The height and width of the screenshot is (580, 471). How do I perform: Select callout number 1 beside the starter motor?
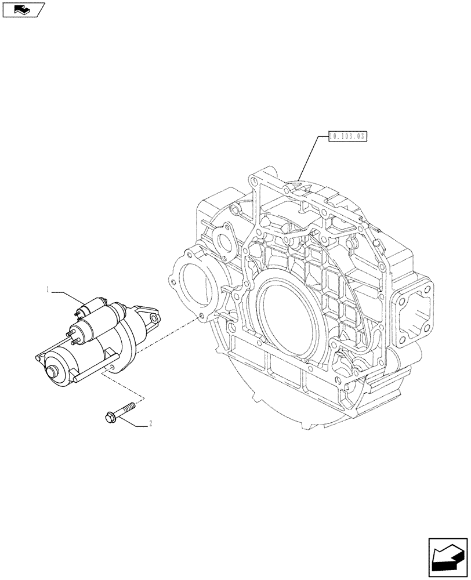pyautogui.click(x=48, y=288)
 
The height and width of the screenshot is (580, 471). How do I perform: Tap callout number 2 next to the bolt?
pyautogui.click(x=151, y=424)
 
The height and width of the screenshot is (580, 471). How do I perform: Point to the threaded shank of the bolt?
pyautogui.click(x=127, y=408)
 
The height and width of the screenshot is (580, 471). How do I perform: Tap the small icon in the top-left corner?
pyautogui.click(x=23, y=9)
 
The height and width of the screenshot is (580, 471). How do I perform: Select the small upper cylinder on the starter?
pyautogui.click(x=93, y=306)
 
